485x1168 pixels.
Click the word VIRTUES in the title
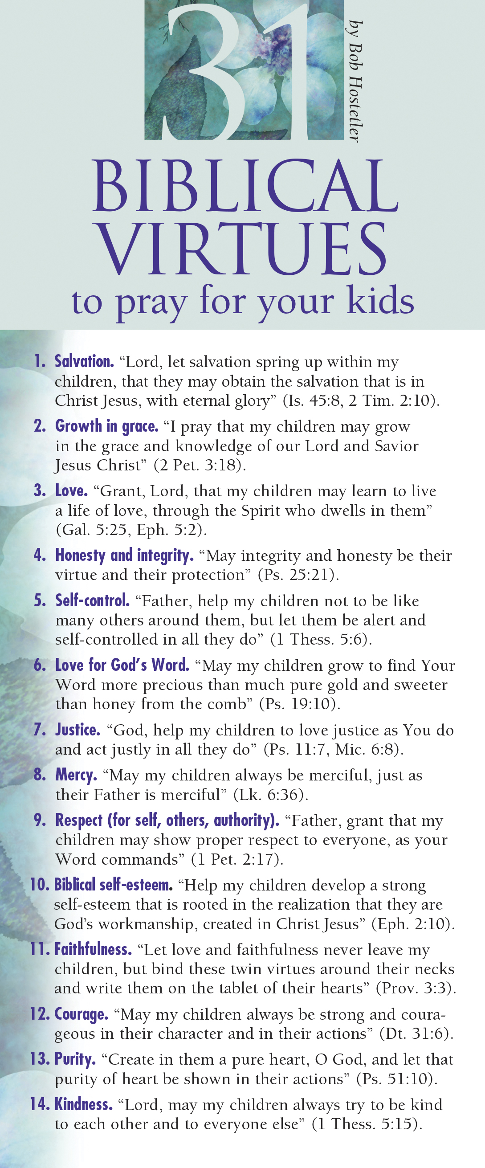[x=242, y=249]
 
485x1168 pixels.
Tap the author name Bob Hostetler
[x=355, y=82]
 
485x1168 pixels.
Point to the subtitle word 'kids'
[x=380, y=301]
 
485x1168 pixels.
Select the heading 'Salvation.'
[x=84, y=361]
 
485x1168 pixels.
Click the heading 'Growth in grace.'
[x=106, y=426]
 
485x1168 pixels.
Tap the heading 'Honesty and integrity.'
[x=124, y=555]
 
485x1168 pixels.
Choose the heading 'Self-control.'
[x=92, y=601]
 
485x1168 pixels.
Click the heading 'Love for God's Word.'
[x=122, y=665]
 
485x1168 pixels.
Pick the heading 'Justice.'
[x=77, y=730]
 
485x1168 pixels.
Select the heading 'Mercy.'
[x=76, y=776]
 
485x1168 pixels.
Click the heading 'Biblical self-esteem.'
[x=113, y=885]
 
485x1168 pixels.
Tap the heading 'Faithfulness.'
[x=93, y=949]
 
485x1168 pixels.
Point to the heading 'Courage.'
[x=81, y=1014]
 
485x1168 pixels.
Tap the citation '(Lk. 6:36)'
[x=271, y=795]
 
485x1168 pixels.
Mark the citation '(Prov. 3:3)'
[x=416, y=988]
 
